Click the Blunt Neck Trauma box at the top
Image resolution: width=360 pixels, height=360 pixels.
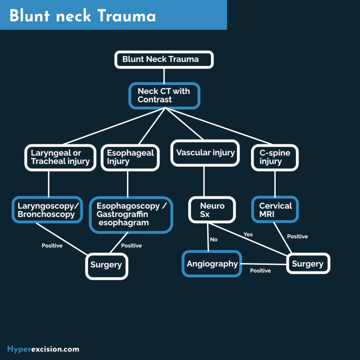click(164, 59)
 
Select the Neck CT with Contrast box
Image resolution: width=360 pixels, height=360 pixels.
click(164, 96)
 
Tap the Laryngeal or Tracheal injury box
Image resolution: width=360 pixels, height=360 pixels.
click(60, 157)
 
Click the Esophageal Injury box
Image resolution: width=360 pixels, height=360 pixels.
click(130, 157)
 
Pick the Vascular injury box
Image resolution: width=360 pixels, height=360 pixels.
click(205, 153)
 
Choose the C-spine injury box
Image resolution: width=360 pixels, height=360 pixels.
click(275, 157)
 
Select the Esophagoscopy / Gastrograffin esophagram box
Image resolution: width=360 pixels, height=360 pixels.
click(131, 214)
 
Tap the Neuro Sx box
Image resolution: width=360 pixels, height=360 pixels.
click(212, 210)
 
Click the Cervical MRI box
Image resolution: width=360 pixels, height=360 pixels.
click(275, 210)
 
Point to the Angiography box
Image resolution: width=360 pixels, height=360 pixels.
click(212, 264)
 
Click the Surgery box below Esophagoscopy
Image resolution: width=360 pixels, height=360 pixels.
click(106, 265)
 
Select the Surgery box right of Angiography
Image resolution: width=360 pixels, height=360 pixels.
click(308, 264)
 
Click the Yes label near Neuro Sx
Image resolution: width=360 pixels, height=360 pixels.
click(248, 234)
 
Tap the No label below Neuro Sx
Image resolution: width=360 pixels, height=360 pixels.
click(214, 239)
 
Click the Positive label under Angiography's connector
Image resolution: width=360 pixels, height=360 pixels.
click(260, 271)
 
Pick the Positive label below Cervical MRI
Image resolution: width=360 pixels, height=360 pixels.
click(297, 237)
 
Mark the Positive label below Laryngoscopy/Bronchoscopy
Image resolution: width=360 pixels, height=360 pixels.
click(52, 246)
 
